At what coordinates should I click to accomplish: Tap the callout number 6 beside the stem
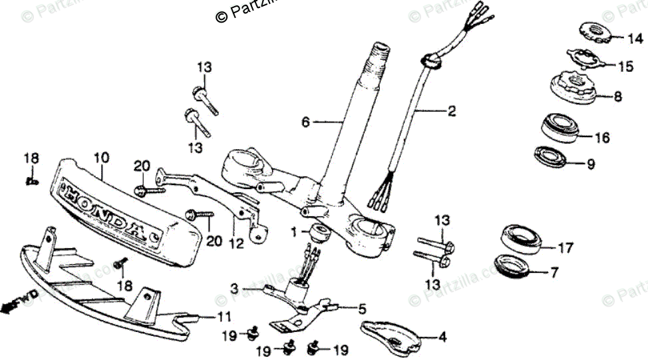305,122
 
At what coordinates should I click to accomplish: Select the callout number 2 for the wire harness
452,112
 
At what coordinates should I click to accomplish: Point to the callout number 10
101,158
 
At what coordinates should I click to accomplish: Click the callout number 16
601,138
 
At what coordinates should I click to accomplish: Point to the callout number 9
591,164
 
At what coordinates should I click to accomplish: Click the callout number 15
626,67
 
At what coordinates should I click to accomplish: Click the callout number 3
234,288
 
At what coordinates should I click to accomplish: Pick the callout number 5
362,309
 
